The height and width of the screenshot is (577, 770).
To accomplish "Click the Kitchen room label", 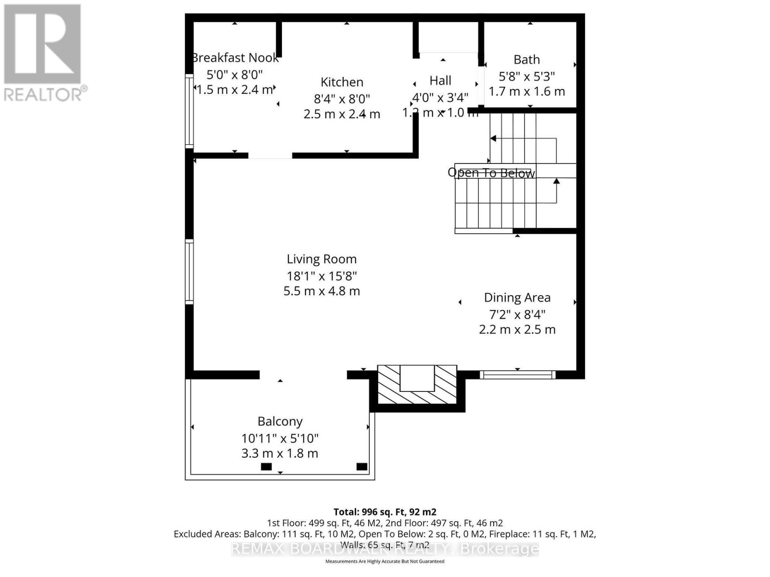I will tap(342, 82).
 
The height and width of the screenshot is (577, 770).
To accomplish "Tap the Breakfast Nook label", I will tap(235, 58).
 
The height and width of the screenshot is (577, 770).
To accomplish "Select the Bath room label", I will tap(526, 60).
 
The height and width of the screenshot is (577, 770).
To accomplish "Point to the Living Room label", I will tap(321, 259).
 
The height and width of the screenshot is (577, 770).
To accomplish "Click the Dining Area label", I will tap(517, 298).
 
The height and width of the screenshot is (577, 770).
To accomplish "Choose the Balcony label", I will tap(280, 422).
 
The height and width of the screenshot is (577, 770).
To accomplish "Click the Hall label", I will tap(440, 80).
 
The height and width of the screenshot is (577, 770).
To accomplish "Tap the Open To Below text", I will tap(491, 173).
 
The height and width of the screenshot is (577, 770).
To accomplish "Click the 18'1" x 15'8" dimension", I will tap(321, 276).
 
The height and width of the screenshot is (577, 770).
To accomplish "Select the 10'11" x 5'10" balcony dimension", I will tap(280, 439).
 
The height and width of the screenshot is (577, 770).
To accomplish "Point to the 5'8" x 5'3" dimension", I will tap(526, 76).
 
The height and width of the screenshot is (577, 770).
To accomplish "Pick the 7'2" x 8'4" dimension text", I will tap(517, 314).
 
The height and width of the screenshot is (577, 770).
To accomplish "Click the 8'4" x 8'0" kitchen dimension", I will tap(342, 99).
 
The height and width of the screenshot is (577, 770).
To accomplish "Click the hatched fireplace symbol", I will tap(417, 385).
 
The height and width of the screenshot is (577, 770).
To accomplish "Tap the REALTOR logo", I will tap(44, 52).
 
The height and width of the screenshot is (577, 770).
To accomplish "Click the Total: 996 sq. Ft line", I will tap(385, 512).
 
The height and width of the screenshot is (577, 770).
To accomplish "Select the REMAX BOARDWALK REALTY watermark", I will tap(385, 549).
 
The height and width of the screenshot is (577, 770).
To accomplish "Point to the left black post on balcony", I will tap(266, 466).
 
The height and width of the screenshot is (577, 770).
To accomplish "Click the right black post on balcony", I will tap(361, 466).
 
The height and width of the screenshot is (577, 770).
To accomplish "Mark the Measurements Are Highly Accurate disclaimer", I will tap(385, 561).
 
